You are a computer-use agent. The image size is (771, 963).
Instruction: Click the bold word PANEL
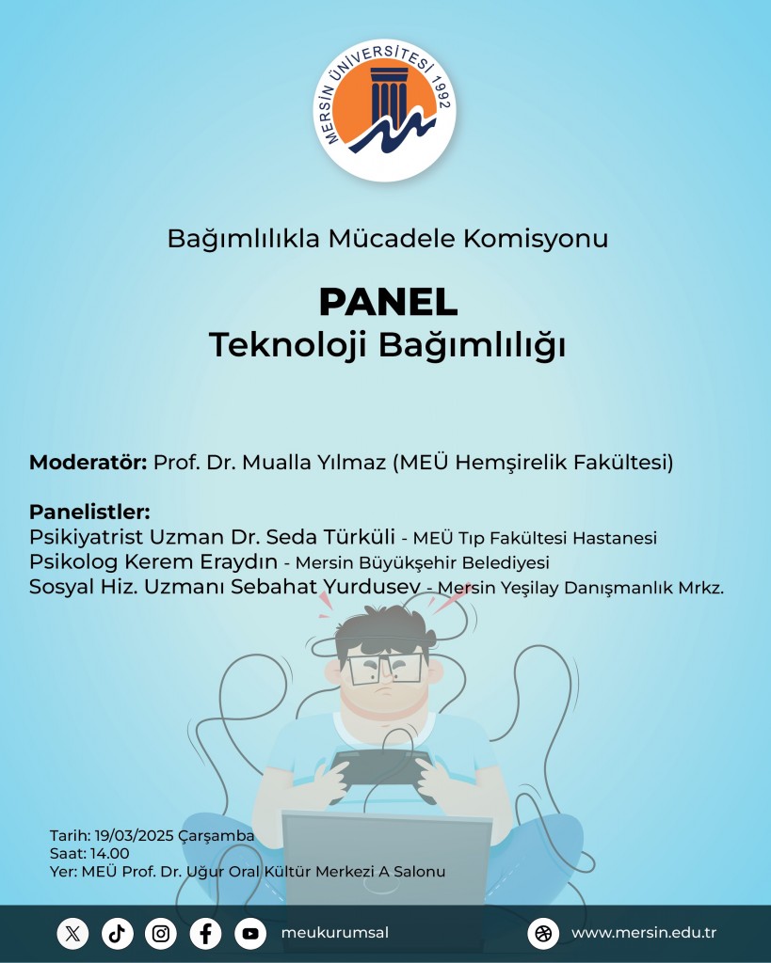coord(388,302)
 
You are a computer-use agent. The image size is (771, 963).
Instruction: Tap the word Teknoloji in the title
coord(288,345)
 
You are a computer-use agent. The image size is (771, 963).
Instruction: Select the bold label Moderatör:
coord(88,462)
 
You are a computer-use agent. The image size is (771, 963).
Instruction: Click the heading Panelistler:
coord(89,512)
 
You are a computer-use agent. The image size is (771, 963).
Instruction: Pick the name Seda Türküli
coord(330,537)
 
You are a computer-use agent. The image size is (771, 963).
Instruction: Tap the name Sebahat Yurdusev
coord(326,587)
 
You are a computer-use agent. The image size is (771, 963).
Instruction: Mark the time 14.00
coord(109,854)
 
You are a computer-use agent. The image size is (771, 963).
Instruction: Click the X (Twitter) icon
coord(72,934)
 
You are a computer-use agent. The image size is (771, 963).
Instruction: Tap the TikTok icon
coord(117,934)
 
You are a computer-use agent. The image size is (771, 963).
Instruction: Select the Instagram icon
coord(161,934)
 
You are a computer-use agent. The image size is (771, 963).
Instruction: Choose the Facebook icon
coord(205,934)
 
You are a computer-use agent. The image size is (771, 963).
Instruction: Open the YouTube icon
coord(250,934)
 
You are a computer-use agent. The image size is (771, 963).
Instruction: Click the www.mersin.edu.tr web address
coord(644,933)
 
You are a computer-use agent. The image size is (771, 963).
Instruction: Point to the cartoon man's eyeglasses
coord(385,670)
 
